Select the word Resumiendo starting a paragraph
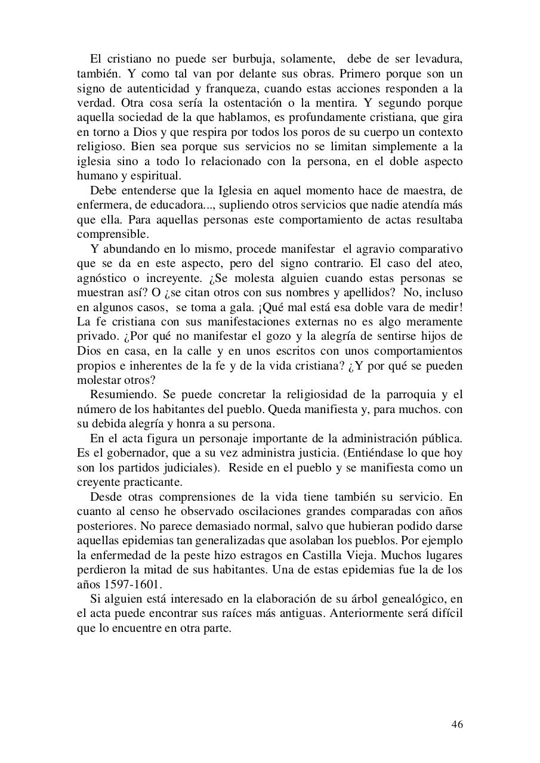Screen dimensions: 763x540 pos(122,395)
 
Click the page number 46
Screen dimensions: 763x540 pos(456,724)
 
